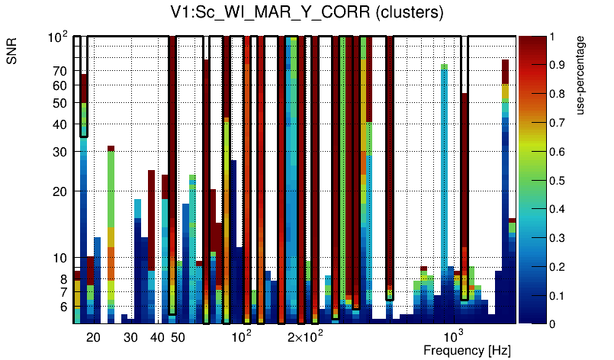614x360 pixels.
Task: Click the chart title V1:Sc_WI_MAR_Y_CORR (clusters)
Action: pyautogui.click(x=307, y=13)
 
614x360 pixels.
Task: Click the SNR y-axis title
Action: pyautogui.click(x=12, y=51)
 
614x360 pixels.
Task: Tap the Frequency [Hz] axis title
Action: pyautogui.click(x=467, y=350)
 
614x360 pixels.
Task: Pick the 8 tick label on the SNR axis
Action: pyautogui.click(x=63, y=280)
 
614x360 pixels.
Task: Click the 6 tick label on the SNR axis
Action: pyautogui.click(x=63, y=307)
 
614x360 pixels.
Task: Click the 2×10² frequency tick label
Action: pyautogui.click(x=305, y=337)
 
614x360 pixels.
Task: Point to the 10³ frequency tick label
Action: pyautogui.click(x=454, y=336)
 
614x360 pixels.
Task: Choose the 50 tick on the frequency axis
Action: pyautogui.click(x=177, y=337)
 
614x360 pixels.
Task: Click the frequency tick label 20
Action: pyautogui.click(x=93, y=337)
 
